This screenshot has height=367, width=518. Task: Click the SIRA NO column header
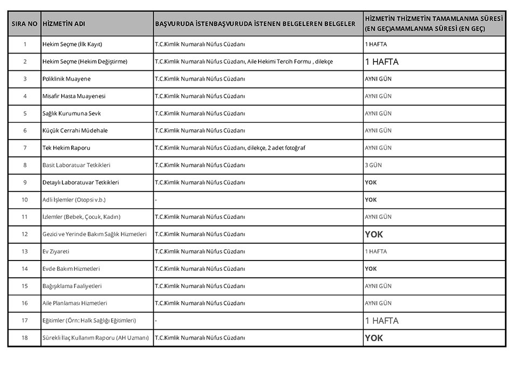click(x=24, y=24)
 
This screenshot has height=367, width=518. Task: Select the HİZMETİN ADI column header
click(x=64, y=24)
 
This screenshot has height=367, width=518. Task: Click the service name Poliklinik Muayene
click(x=66, y=79)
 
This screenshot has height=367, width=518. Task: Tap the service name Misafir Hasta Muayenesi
click(x=74, y=96)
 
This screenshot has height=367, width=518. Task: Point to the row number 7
click(x=24, y=148)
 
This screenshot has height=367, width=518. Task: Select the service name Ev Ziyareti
click(x=56, y=251)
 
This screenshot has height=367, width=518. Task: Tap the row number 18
click(x=24, y=338)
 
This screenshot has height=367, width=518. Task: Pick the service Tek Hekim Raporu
click(x=66, y=148)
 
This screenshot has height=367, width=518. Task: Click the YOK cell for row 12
click(x=374, y=235)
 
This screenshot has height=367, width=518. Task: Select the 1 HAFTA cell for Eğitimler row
click(x=381, y=321)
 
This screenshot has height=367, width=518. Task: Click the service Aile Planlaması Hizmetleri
click(x=74, y=303)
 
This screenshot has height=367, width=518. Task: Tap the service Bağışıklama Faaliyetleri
click(x=72, y=286)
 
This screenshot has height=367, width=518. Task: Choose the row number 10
click(x=24, y=199)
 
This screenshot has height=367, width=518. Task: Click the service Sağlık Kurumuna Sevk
click(x=71, y=114)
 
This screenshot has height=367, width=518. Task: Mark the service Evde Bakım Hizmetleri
click(x=71, y=269)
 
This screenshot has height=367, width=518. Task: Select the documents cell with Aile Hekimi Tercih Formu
click(x=243, y=62)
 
